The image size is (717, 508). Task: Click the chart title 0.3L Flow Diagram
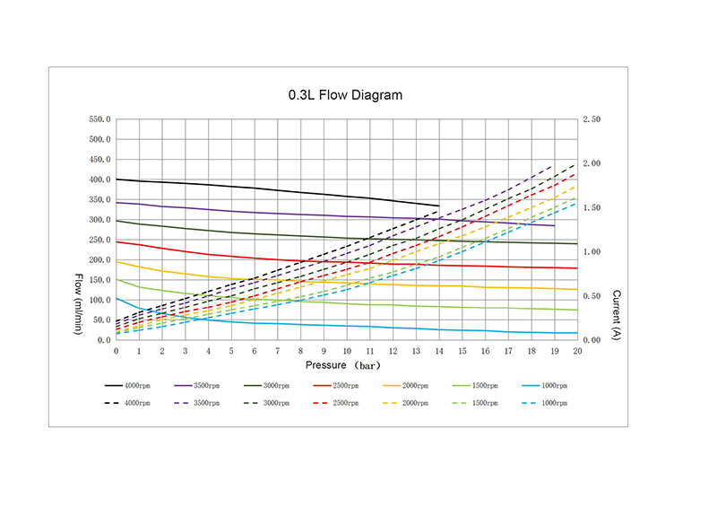point(345,94)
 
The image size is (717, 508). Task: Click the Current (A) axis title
point(617,314)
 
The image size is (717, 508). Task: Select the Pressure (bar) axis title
point(344,365)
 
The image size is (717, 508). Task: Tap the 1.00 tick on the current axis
point(591,252)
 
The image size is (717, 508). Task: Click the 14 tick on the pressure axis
point(439,351)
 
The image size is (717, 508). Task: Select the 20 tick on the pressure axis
point(577,351)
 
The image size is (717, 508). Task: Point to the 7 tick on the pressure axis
point(278,351)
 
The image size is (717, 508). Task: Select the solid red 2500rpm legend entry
point(340,385)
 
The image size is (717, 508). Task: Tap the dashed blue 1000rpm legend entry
point(547,403)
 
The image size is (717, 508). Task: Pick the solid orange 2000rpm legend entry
point(409,385)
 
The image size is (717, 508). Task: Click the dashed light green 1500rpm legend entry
point(478,403)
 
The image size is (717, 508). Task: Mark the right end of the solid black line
point(439,206)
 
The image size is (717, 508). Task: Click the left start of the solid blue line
point(117,298)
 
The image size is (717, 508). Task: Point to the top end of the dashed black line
point(576,163)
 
